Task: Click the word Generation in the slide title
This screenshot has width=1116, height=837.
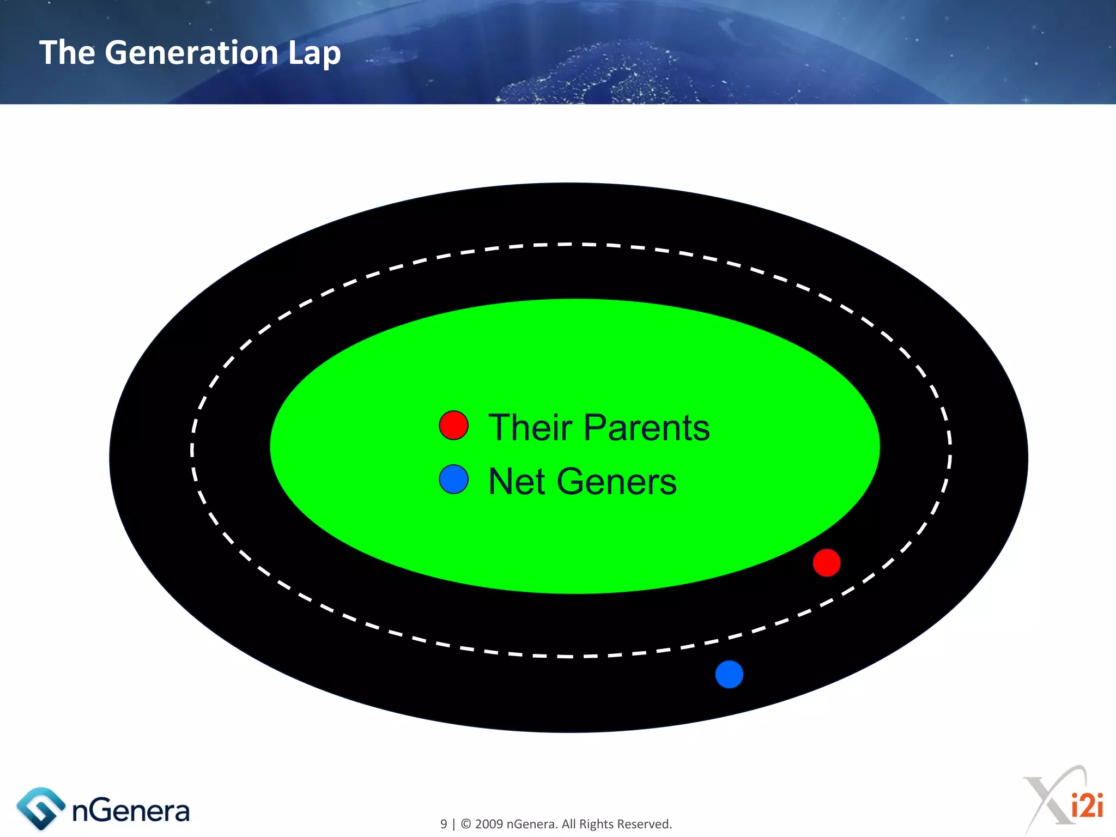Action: [x=191, y=53]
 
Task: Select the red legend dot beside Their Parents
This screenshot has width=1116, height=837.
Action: [x=453, y=426]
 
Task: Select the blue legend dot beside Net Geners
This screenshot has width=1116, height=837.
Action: [x=453, y=480]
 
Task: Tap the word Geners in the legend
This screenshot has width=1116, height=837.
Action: [x=616, y=482]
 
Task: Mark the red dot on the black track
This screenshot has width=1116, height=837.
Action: [x=826, y=562]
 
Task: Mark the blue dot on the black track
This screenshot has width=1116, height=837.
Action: [x=729, y=674]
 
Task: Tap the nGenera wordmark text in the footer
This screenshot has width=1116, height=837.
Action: [x=131, y=811]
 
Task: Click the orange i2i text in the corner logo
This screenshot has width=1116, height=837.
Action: [x=1087, y=805]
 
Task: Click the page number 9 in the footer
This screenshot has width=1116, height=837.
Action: [x=444, y=824]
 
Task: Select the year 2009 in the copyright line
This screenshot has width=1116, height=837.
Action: [x=489, y=824]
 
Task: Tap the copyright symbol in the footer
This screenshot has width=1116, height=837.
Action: [x=466, y=824]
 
